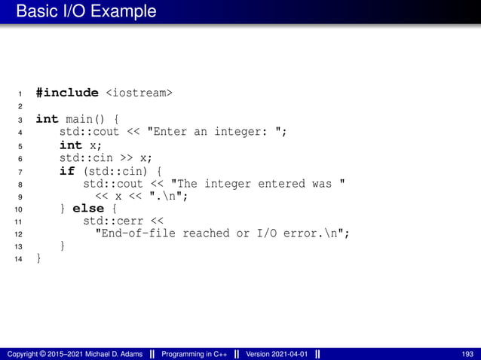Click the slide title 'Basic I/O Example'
click(x=86, y=11)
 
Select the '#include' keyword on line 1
click(x=66, y=93)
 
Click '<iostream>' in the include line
click(x=138, y=93)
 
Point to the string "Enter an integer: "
click(x=216, y=133)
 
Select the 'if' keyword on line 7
click(x=67, y=171)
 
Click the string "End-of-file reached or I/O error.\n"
click(x=219, y=233)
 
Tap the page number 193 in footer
click(x=467, y=354)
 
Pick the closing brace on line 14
click(x=39, y=258)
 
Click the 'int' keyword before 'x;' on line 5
click(x=70, y=145)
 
